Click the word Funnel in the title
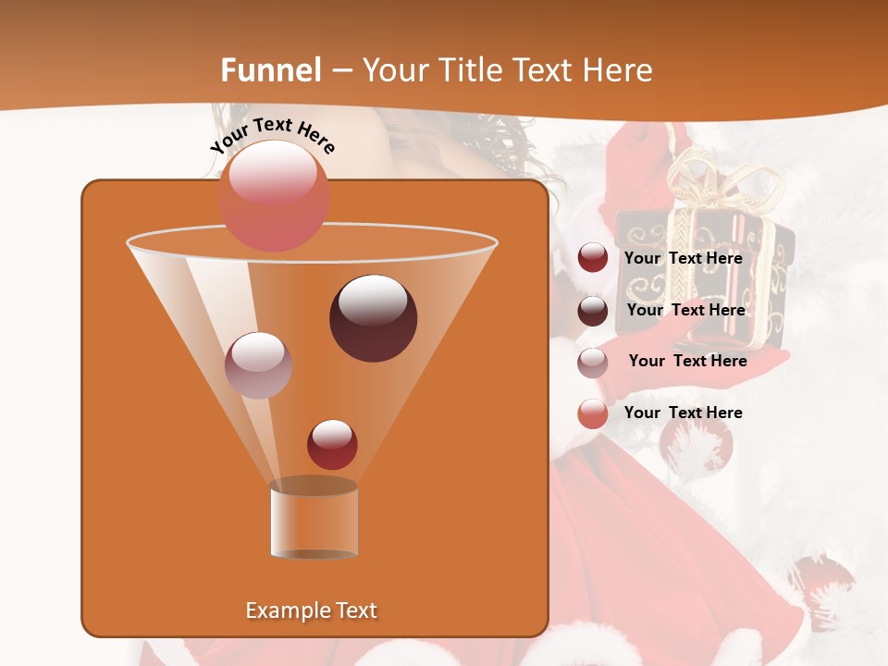pos(271,70)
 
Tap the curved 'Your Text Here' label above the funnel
pos(273,136)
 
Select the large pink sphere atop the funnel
pos(274,196)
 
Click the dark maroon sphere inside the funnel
pos(374,318)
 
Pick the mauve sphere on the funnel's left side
pos(259,365)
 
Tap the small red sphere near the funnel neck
pos(332,444)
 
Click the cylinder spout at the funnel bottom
pos(314,520)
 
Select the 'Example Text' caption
pos(312,610)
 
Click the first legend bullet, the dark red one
pos(593,258)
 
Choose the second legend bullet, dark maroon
pos(593,311)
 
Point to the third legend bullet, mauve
pos(593,362)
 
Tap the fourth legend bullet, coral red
pos(593,413)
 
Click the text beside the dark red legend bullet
pos(684,258)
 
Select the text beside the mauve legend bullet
pos(688,361)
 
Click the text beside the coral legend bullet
pos(684,413)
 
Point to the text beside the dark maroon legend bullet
pos(686,310)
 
